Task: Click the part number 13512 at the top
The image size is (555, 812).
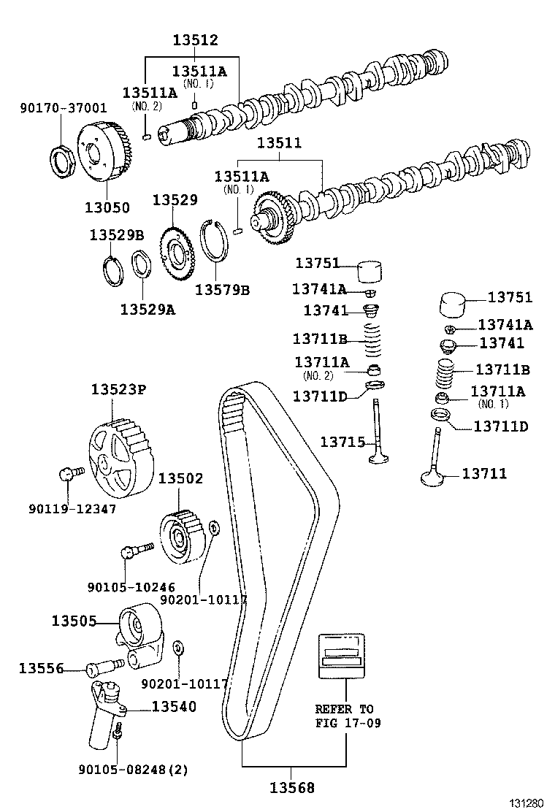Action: pos(195,40)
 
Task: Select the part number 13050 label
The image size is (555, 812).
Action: pos(107,207)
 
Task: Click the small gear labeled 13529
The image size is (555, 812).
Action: pos(175,256)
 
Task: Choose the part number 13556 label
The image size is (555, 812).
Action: pos(42,667)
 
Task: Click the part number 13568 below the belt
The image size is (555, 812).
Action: pos(292,787)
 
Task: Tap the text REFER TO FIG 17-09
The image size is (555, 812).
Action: pos(344,716)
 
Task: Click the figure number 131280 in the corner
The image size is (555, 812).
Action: pos(527,803)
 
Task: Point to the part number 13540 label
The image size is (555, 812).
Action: pos(174,706)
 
